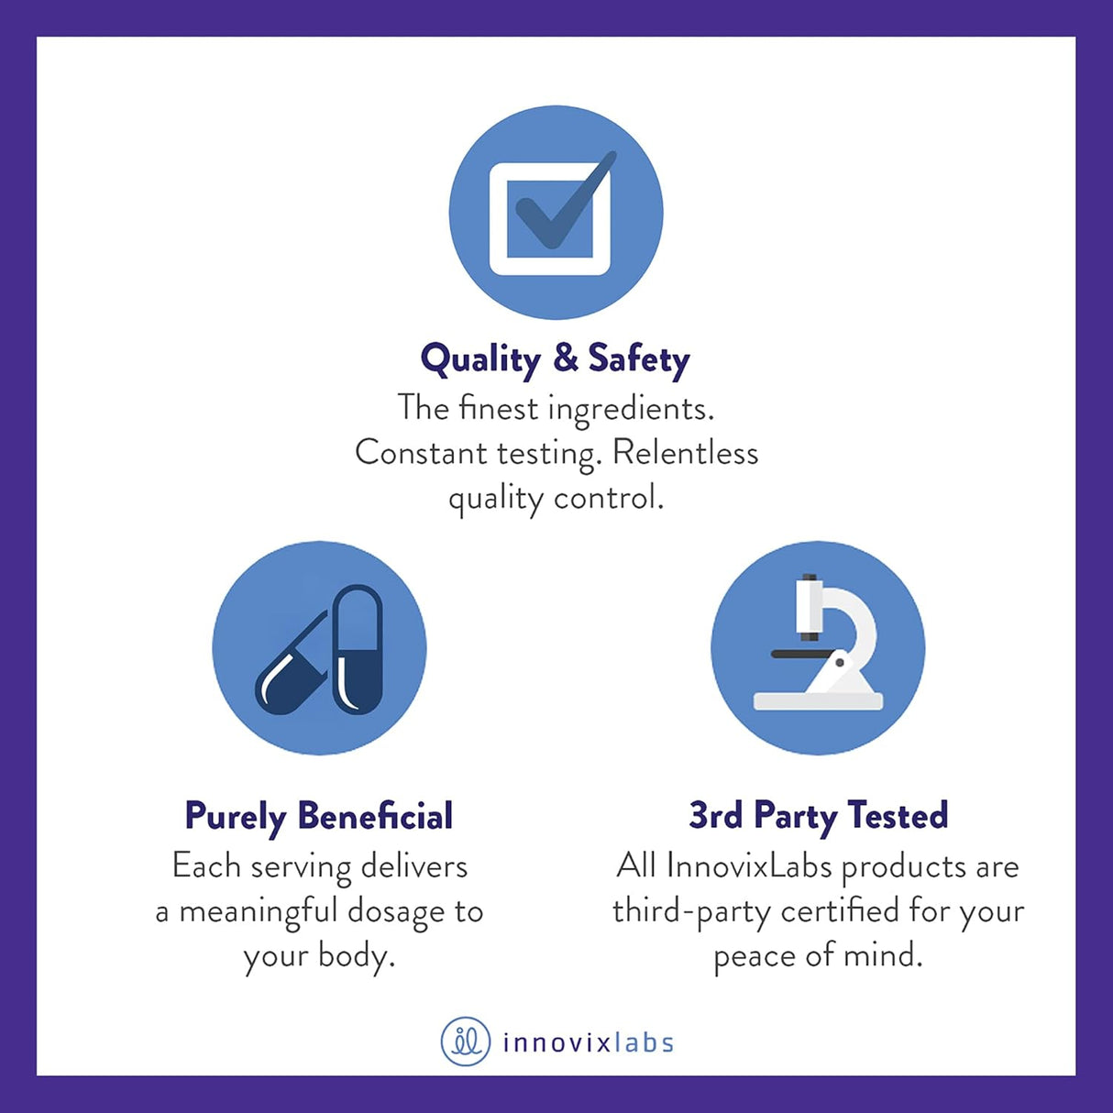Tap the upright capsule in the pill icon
tap(358, 649)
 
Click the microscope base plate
tap(818, 701)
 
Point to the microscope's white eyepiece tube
tap(809, 606)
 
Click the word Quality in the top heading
tap(480, 360)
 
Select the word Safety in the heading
tap(639, 359)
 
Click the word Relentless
tap(685, 453)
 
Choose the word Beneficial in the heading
tap(375, 816)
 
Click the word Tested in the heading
tap(898, 815)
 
